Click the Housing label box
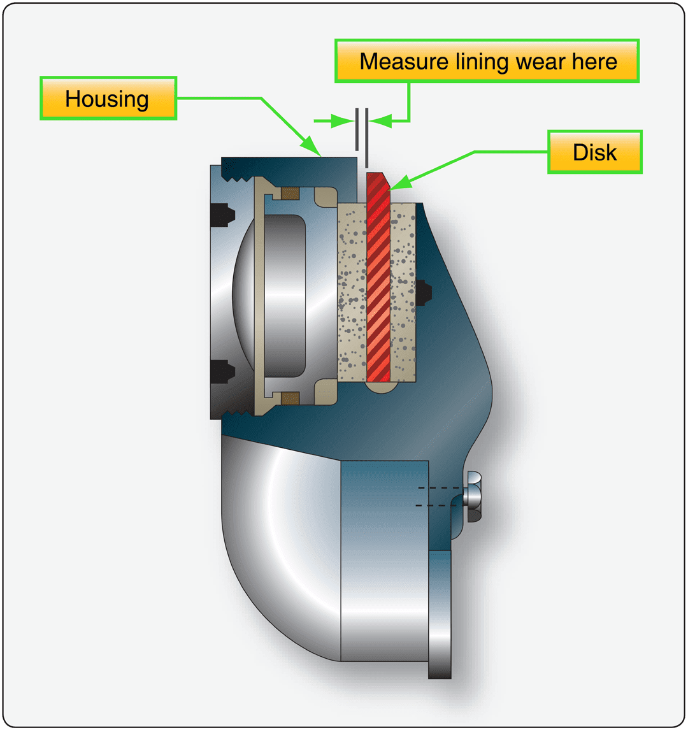tap(108, 99)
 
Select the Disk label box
tap(594, 152)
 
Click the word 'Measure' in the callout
tap(404, 62)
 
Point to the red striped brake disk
tap(378, 280)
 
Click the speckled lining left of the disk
tap(352, 293)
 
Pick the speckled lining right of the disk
tap(403, 293)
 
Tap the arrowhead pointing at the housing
tap(314, 150)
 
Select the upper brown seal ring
tap(290, 192)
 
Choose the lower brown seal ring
tap(290, 398)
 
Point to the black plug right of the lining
tap(423, 292)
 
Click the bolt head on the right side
tap(475, 496)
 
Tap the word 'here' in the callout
tap(594, 62)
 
